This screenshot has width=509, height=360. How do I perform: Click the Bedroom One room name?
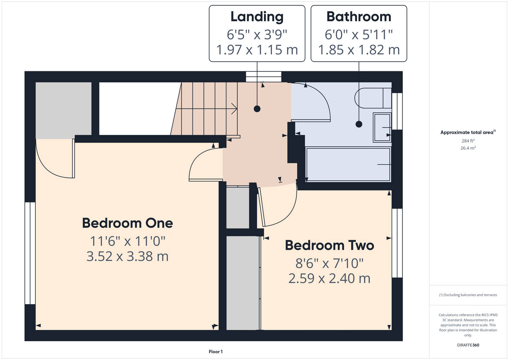[128, 223]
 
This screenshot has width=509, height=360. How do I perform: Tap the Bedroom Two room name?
[330, 245]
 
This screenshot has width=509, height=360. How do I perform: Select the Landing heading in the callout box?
[257, 17]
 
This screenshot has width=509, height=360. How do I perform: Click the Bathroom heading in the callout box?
[359, 17]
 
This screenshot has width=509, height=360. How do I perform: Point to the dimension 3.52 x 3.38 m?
[128, 256]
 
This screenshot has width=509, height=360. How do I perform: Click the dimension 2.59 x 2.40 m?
[330, 279]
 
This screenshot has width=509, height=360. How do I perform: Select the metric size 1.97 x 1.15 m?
[257, 50]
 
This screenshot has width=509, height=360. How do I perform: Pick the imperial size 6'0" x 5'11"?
[359, 35]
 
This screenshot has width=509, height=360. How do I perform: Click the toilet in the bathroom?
[373, 98]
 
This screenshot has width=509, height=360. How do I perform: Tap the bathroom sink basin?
[382, 127]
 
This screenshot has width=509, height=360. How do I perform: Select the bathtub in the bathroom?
[348, 164]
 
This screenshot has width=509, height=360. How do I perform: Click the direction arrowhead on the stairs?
[234, 109]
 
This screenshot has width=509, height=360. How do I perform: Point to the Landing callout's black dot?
[257, 109]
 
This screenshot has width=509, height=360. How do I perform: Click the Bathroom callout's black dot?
[359, 124]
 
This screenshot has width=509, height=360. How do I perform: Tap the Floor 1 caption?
[216, 352]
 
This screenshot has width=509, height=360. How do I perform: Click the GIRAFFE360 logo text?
[468, 345]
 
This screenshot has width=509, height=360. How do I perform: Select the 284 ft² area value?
[468, 141]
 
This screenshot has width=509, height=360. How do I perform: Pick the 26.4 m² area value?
[468, 148]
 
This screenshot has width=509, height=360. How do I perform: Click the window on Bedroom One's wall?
[30, 253]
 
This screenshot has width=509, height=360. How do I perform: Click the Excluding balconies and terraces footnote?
[468, 295]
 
